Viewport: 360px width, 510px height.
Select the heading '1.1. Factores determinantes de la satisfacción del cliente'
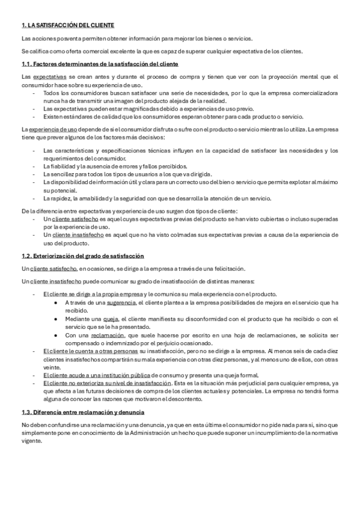99,64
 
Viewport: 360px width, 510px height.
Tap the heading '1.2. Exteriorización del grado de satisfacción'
82,256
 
